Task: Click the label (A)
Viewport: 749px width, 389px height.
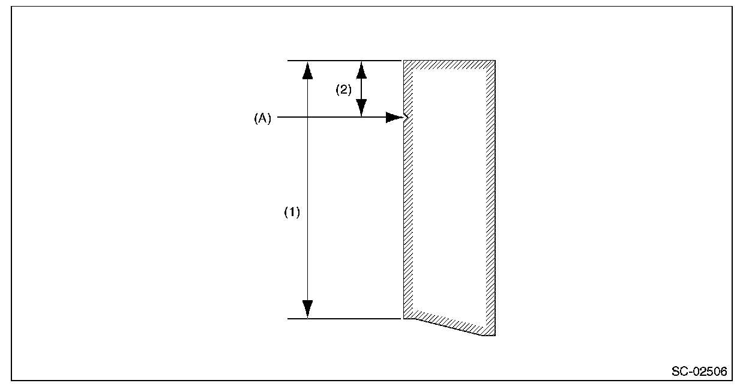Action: (262, 119)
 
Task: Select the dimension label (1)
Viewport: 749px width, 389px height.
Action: (292, 213)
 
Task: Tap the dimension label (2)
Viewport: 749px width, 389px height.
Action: (343, 90)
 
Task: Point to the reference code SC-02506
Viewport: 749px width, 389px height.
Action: (699, 372)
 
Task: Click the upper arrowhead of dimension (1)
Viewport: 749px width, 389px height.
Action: (307, 70)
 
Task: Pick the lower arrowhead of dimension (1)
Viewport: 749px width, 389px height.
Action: (307, 309)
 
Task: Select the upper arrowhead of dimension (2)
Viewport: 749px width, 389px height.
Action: (361, 70)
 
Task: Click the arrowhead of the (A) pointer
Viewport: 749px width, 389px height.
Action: (394, 118)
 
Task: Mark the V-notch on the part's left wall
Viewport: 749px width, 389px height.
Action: (408, 118)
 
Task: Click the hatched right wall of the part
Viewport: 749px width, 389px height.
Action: (490, 198)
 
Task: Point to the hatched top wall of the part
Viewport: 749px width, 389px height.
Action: (450, 65)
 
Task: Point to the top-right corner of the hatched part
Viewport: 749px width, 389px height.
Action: (494, 61)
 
